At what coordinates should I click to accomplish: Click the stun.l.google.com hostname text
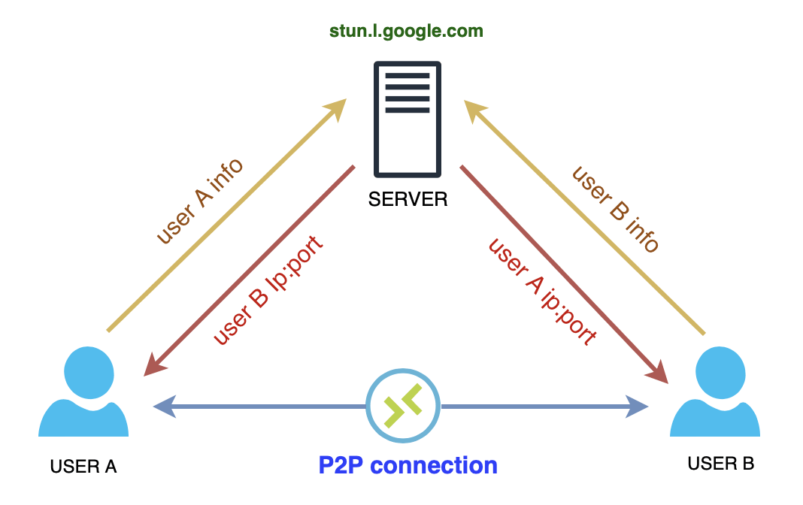tap(406, 31)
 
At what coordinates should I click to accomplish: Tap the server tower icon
tap(408, 119)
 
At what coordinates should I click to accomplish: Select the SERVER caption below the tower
tap(408, 199)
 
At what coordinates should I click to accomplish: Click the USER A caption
tap(83, 466)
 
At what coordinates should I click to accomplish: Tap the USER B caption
tap(720, 464)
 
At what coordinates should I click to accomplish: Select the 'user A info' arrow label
tap(199, 201)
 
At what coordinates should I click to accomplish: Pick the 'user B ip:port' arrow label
tap(268, 290)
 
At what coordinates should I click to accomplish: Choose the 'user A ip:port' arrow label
tap(543, 291)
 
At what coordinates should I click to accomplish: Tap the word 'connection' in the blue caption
tap(435, 465)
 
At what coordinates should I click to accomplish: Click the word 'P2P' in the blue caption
tap(341, 465)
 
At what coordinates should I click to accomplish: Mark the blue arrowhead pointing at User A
tap(163, 407)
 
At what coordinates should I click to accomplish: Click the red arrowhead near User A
tap(155, 365)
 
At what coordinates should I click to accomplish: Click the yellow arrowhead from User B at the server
tap(474, 110)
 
